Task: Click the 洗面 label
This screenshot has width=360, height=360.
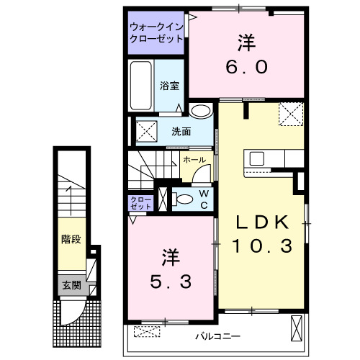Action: pos(181,132)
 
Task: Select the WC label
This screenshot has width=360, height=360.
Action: pos(204,198)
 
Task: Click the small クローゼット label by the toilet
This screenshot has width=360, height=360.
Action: pos(140,202)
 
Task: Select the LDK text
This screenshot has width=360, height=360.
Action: pos(263,221)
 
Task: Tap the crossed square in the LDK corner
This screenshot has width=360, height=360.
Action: pos(292,114)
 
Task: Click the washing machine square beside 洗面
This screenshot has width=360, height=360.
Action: pos(147,132)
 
